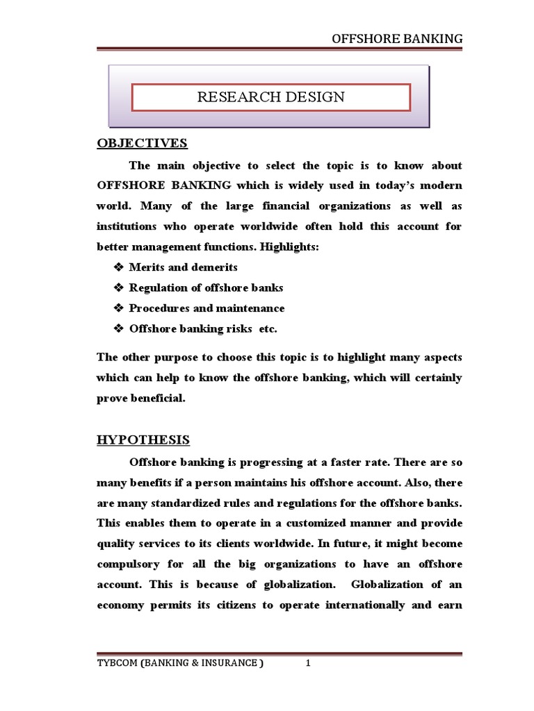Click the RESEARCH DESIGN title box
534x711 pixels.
click(x=270, y=97)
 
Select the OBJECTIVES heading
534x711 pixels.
click(x=142, y=144)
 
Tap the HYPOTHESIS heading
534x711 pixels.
click(x=143, y=440)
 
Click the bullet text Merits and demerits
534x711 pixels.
click(x=183, y=267)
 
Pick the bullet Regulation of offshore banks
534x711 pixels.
click(x=206, y=287)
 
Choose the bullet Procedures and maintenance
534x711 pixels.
click(x=207, y=308)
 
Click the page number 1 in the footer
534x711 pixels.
click(x=307, y=663)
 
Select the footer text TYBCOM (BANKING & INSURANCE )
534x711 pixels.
click(x=180, y=663)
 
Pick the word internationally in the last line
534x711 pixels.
click(x=366, y=605)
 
